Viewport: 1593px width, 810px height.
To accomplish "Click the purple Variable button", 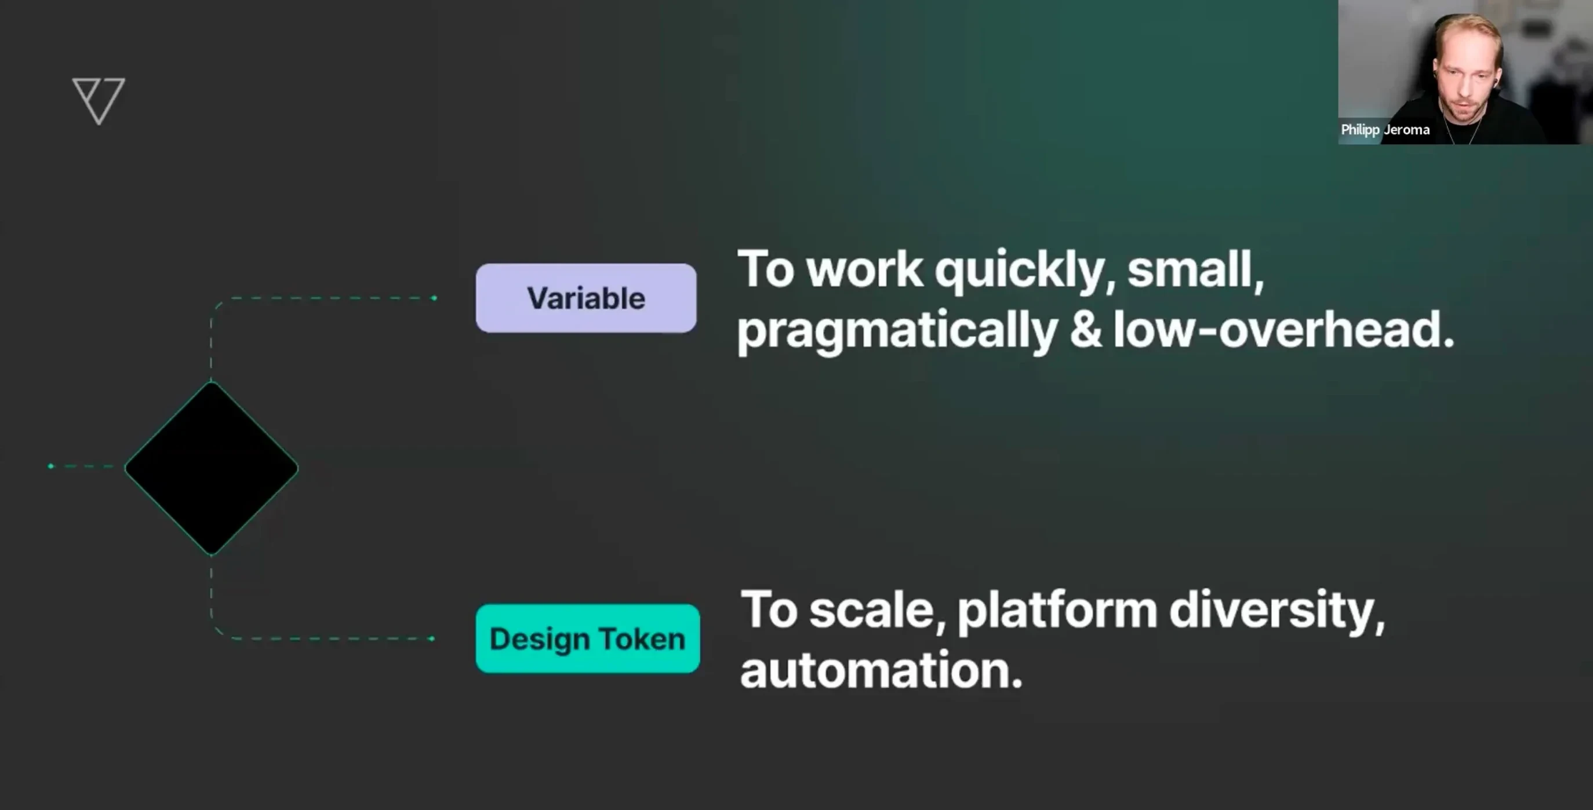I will coord(585,298).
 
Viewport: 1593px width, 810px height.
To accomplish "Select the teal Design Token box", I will coord(587,638).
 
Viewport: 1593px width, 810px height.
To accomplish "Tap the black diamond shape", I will coord(212,468).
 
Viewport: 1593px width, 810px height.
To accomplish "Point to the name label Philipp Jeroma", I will coord(1385,130).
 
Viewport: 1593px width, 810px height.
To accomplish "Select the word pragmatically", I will coord(897,331).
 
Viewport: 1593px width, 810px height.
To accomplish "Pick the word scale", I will coord(877,610).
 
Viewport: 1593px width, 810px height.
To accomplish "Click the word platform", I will coord(1057,610).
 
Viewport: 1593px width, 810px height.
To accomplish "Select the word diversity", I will coord(1275,610).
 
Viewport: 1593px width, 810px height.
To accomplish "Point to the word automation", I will coord(881,670).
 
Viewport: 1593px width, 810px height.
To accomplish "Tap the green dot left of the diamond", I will coord(50,466).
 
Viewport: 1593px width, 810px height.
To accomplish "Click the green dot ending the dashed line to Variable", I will coord(434,298).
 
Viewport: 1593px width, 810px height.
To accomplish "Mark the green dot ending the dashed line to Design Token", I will coord(432,638).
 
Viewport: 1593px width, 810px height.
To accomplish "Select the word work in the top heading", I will coord(864,270).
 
